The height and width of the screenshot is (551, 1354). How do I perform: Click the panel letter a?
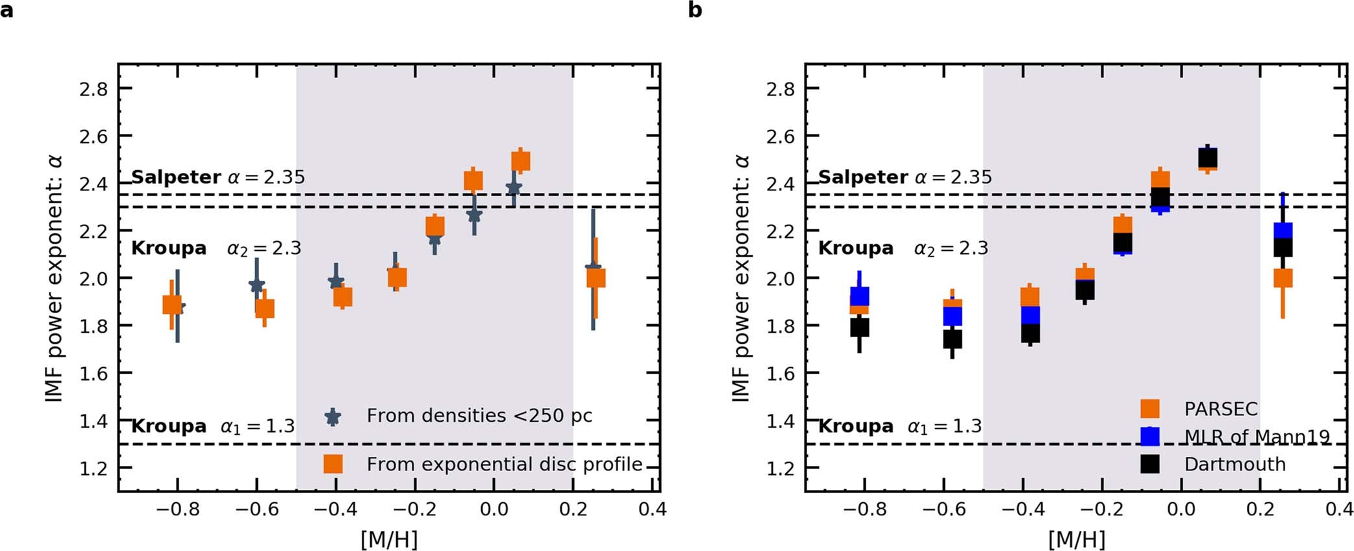(6, 10)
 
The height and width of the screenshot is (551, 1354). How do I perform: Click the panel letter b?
(695, 10)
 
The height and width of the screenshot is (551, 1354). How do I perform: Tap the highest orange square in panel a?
(521, 160)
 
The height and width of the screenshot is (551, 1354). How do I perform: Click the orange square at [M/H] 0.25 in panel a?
(596, 278)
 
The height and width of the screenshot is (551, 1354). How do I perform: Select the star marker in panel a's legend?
(333, 416)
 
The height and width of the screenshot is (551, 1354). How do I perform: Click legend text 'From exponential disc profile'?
(504, 464)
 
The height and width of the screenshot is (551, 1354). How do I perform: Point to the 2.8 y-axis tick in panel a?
(94, 89)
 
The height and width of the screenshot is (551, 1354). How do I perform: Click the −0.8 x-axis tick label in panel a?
(177, 509)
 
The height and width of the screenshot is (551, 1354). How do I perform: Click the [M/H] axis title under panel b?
(1076, 539)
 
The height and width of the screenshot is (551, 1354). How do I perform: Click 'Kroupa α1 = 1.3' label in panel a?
(213, 426)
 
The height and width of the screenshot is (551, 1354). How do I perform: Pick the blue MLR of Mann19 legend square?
(1150, 436)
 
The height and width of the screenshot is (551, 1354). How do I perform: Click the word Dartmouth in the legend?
(1235, 464)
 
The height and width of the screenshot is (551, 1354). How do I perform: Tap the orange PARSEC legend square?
(1150, 408)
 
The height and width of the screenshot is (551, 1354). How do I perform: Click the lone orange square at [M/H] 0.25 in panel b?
(1283, 278)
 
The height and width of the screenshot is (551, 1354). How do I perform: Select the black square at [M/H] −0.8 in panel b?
(860, 327)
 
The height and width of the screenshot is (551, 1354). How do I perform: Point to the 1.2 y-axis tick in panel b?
(781, 468)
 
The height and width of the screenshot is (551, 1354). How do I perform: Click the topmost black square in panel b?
(1207, 159)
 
